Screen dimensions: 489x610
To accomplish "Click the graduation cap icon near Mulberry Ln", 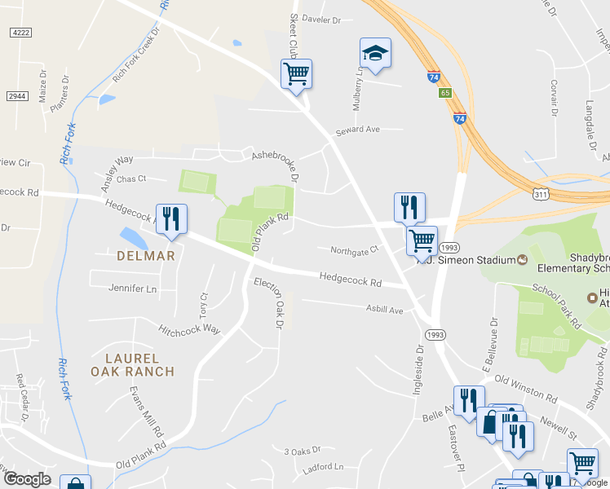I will [x=375, y=54].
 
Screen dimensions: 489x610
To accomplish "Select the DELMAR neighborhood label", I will [x=146, y=255].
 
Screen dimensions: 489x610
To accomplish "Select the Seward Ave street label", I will [x=358, y=130].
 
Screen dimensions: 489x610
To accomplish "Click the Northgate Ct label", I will [x=355, y=249].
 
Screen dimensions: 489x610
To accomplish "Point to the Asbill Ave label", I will [x=384, y=310].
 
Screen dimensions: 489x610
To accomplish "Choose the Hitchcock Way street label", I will [x=189, y=329].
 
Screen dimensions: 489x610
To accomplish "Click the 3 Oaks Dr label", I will [x=303, y=450].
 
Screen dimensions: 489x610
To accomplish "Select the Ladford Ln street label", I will [x=323, y=467].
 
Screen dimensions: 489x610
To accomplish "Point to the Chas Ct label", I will [x=130, y=178].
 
